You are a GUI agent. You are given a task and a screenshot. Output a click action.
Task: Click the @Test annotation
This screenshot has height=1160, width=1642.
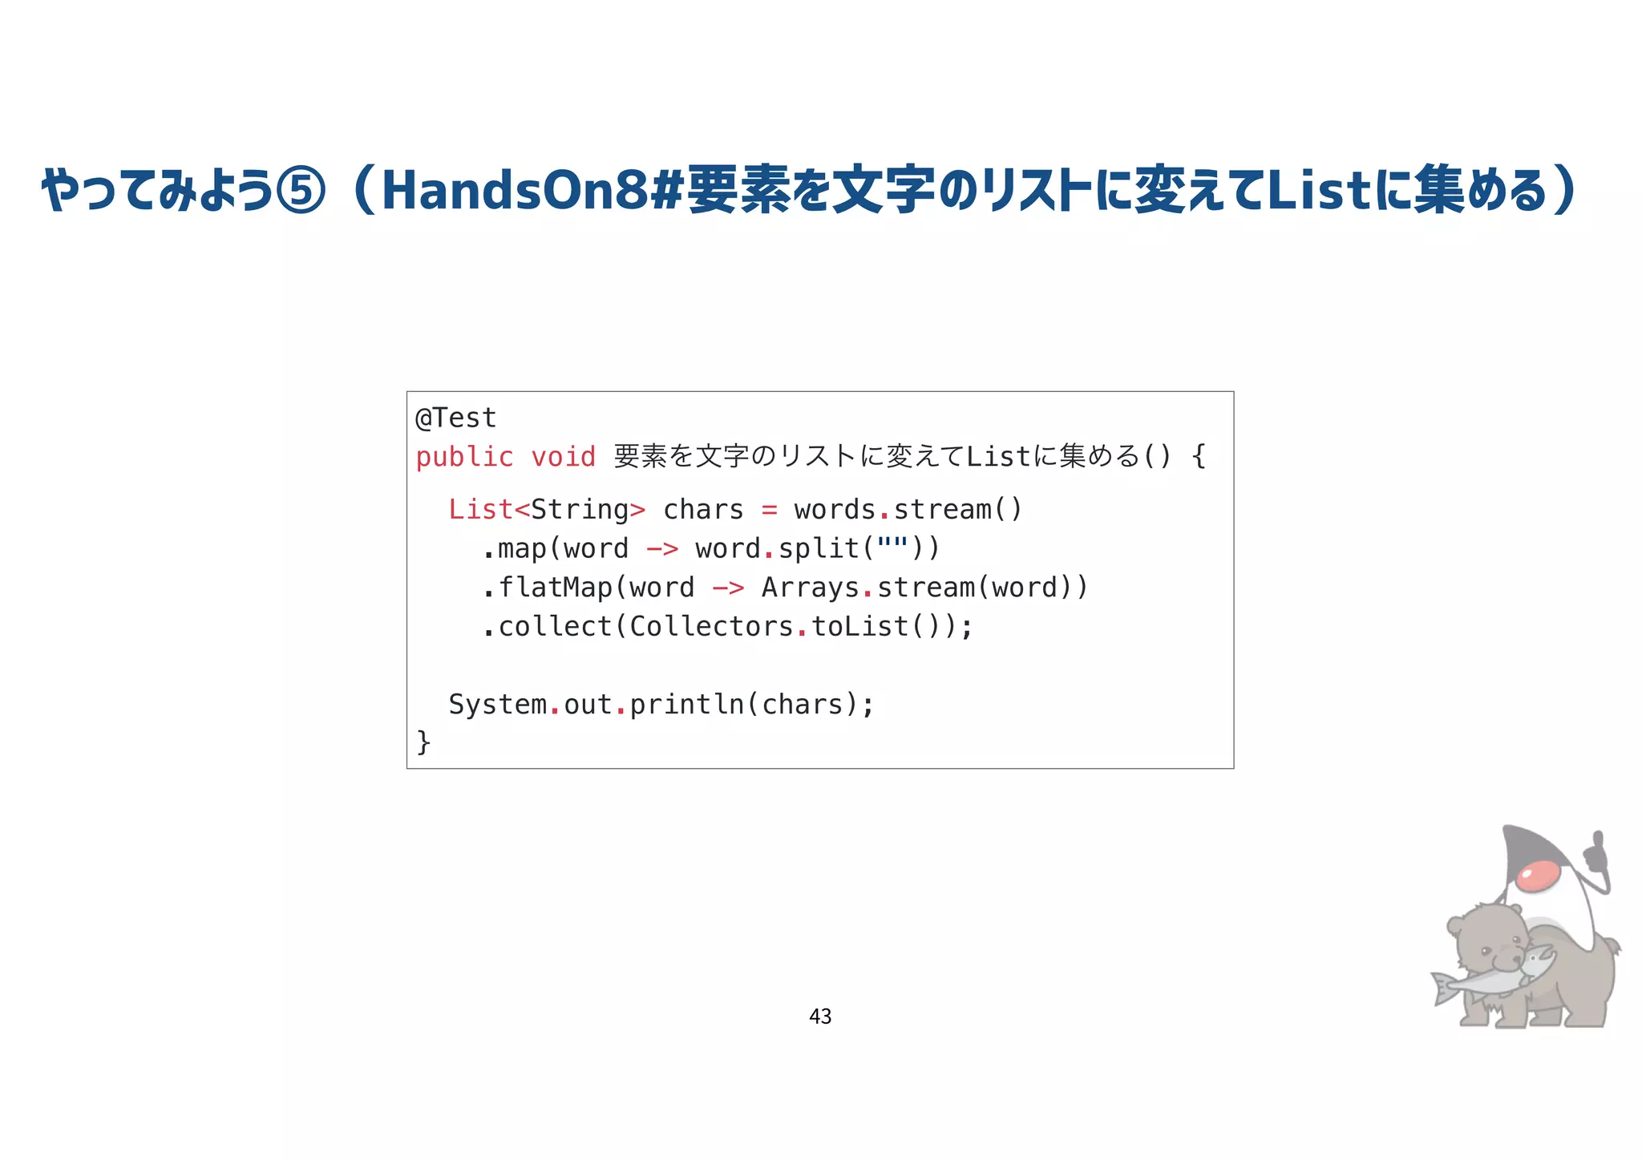pyautogui.click(x=456, y=418)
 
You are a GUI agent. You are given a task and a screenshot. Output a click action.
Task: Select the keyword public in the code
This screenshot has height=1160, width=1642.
pyautogui.click(x=464, y=457)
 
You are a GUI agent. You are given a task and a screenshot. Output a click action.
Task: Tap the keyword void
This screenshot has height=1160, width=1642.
pyautogui.click(x=563, y=457)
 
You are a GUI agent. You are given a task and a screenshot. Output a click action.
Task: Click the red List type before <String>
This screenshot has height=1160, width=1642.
pyautogui.click(x=479, y=509)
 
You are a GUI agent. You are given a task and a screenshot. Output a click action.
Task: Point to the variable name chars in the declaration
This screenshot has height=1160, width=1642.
pyautogui.click(x=703, y=509)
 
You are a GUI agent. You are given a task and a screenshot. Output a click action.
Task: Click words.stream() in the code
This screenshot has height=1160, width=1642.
pyautogui.click(x=908, y=509)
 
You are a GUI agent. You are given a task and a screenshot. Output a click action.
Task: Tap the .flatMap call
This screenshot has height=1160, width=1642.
pyautogui.click(x=547, y=588)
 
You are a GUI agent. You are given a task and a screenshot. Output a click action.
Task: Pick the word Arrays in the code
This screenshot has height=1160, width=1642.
pyautogui.click(x=810, y=588)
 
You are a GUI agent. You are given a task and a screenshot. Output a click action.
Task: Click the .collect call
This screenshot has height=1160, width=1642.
pyautogui.click(x=547, y=626)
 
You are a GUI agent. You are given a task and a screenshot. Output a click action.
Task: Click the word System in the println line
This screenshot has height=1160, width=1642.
pyautogui.click(x=497, y=704)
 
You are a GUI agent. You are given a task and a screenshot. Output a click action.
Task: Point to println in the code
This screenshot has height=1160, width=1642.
pyautogui.click(x=686, y=704)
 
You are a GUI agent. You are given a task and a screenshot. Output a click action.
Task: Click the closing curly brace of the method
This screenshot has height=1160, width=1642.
pyautogui.click(x=423, y=742)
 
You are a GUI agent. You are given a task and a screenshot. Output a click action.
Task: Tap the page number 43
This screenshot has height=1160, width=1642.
pyautogui.click(x=820, y=1017)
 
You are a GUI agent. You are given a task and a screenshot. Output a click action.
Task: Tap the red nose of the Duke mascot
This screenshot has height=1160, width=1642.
pyautogui.click(x=1538, y=875)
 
